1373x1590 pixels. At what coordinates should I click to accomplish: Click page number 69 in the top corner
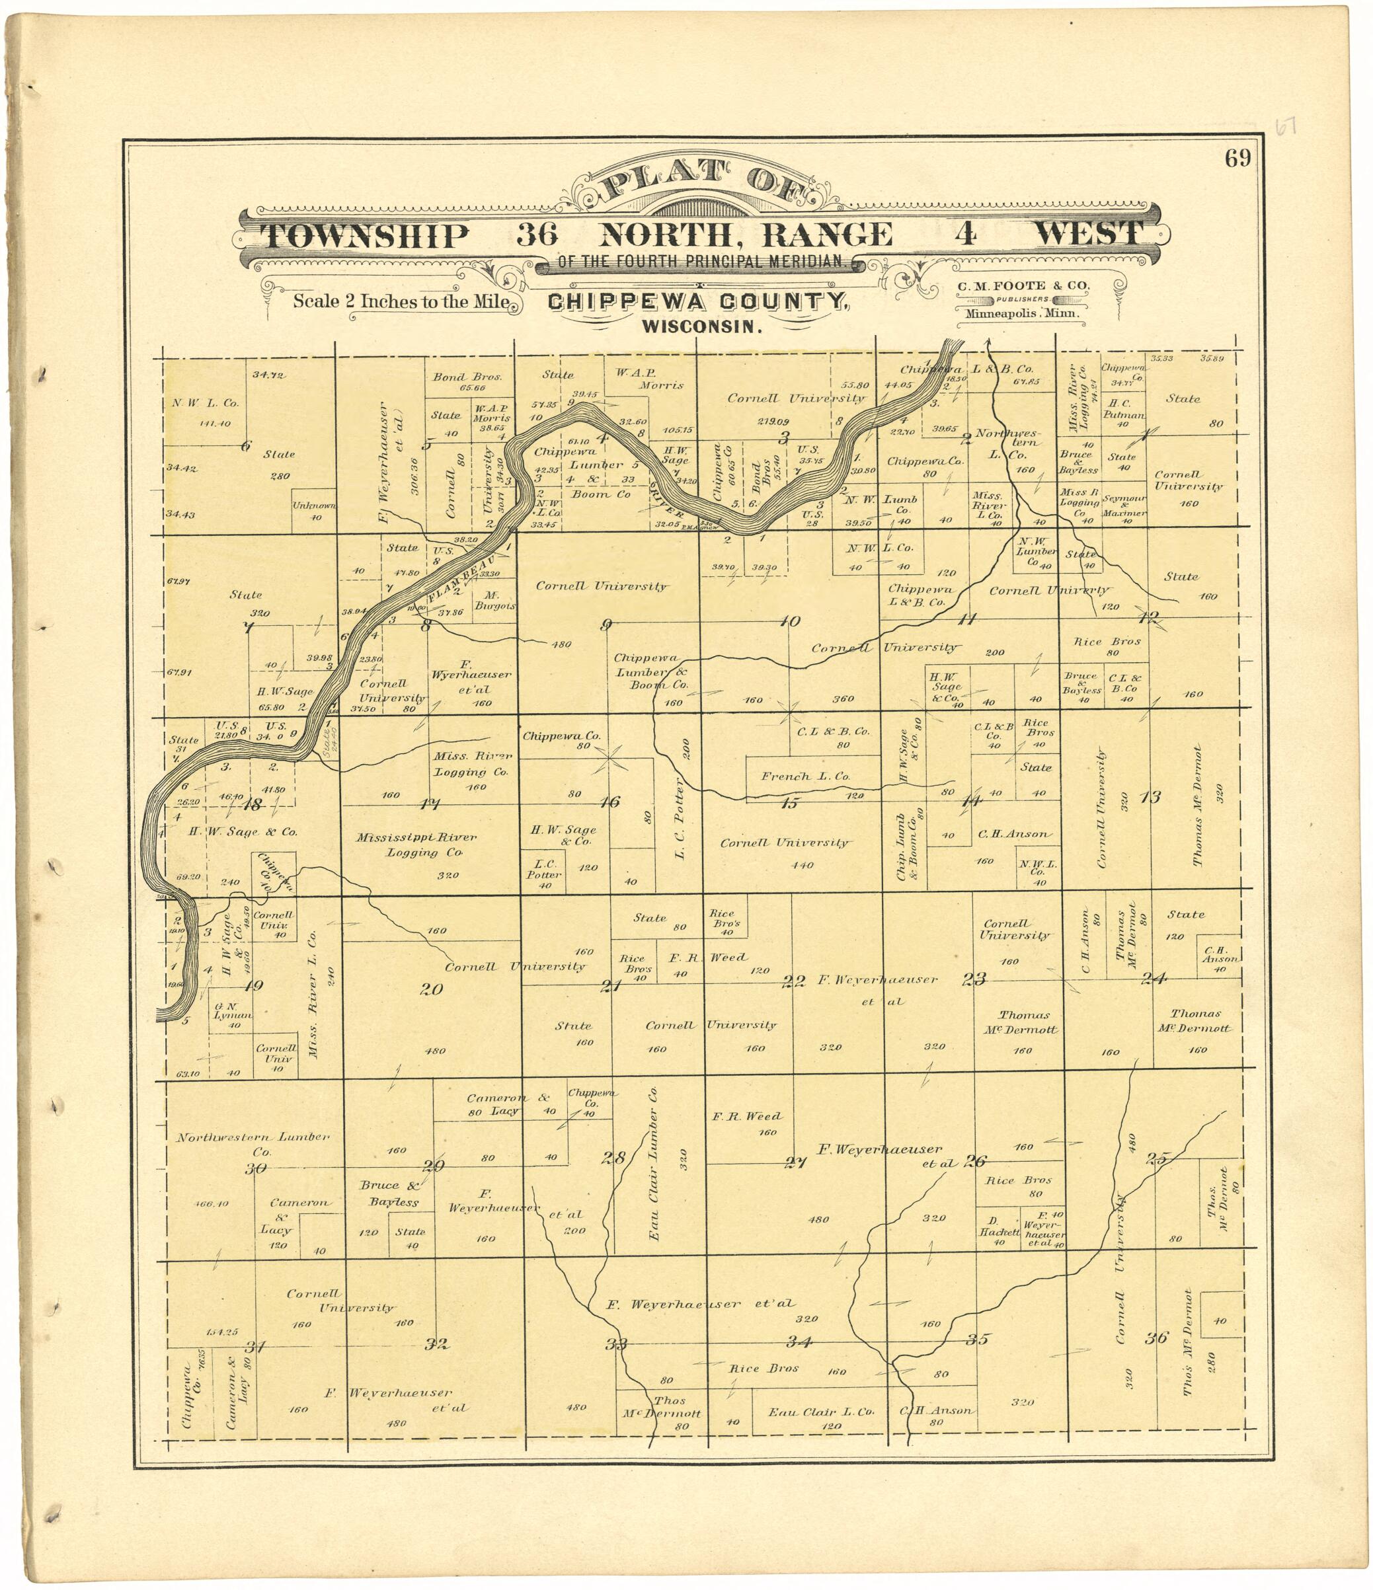tap(1238, 158)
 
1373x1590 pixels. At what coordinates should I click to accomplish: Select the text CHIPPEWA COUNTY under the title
tap(697, 303)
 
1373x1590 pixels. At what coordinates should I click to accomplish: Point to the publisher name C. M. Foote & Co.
tap(1022, 285)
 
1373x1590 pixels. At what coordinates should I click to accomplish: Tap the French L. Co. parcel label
tap(805, 776)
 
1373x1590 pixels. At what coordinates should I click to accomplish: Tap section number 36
tap(1156, 1337)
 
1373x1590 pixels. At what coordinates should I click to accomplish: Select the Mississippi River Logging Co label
tap(416, 844)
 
